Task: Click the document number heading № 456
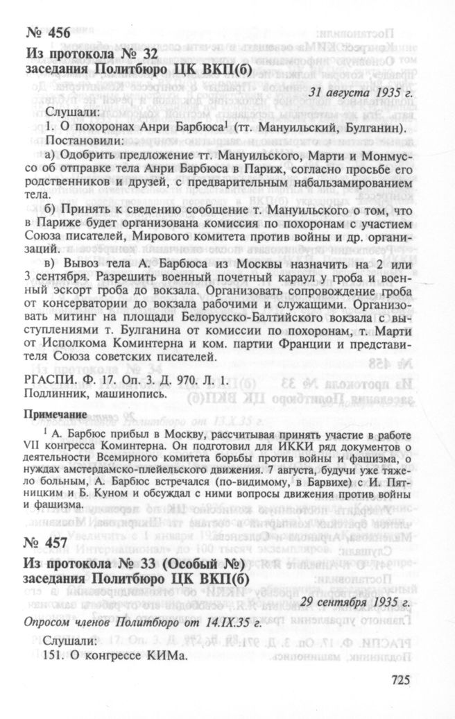pos(49,36)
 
